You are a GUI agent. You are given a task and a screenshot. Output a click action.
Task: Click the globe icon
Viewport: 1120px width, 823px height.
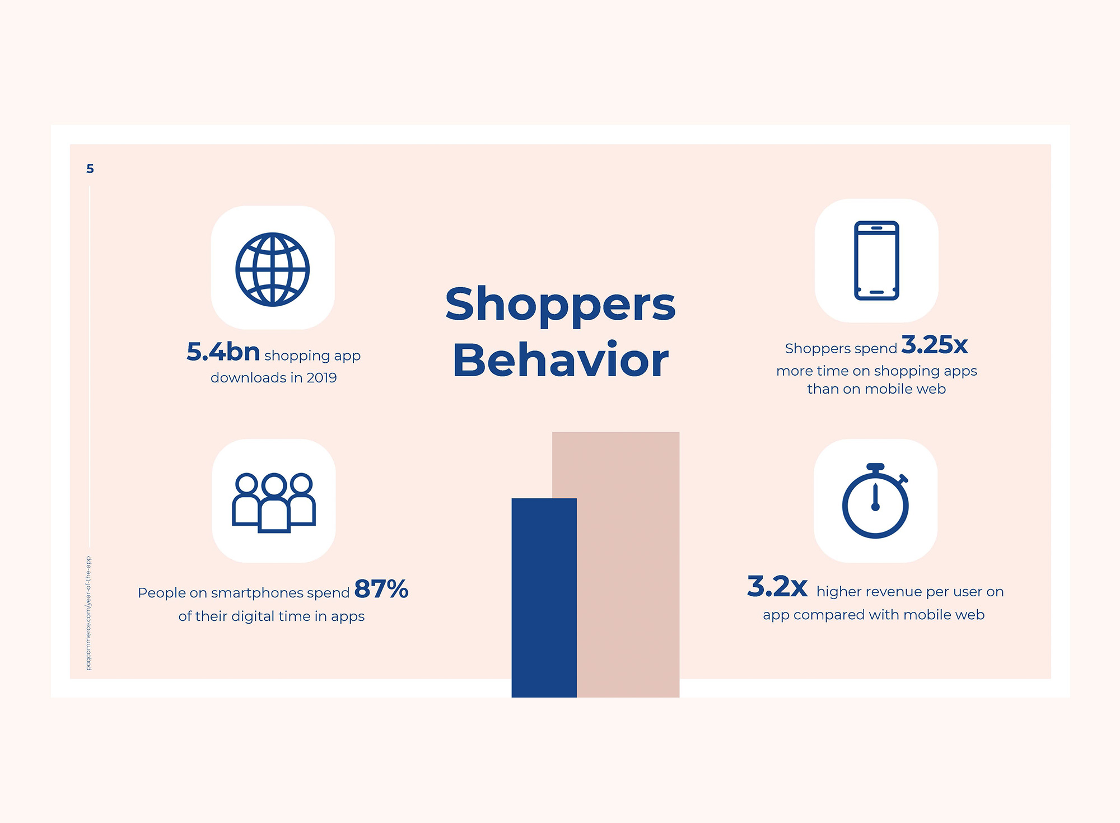(x=273, y=269)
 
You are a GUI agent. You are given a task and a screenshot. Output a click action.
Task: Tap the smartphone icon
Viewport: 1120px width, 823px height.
(x=876, y=260)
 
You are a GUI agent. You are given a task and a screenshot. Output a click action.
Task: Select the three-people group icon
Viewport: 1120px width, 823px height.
(x=274, y=502)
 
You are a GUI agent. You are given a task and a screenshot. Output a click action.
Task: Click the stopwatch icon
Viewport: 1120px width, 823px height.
(x=875, y=501)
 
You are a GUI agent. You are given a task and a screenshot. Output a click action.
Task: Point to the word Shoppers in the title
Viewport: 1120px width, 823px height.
(x=561, y=306)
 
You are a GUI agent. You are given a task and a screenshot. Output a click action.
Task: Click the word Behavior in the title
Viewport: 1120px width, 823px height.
(x=561, y=359)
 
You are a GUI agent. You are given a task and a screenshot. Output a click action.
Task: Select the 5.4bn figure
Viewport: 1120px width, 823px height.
(x=223, y=352)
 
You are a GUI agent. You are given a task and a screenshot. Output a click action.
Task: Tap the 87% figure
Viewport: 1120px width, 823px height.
(x=381, y=589)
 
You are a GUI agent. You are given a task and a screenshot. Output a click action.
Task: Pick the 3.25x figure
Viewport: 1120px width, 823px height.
(x=934, y=344)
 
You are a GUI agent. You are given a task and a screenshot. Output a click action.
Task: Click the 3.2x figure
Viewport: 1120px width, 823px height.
(x=777, y=586)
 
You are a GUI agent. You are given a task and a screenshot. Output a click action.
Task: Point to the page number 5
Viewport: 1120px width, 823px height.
(x=90, y=169)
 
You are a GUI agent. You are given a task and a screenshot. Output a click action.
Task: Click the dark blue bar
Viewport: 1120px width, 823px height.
(x=544, y=597)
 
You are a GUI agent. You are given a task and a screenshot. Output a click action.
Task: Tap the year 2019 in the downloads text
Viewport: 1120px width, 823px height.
(x=321, y=378)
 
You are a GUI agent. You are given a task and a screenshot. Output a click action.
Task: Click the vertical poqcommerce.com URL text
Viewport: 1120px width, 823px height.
(x=88, y=613)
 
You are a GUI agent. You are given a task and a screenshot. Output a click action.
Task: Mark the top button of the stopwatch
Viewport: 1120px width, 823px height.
(x=875, y=466)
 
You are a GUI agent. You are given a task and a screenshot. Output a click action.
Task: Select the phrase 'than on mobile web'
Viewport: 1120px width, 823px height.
(x=876, y=389)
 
